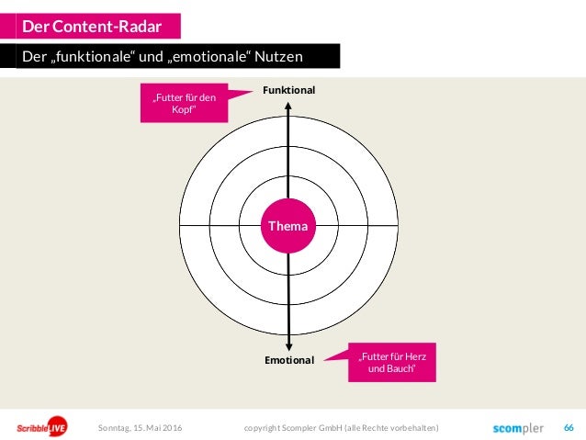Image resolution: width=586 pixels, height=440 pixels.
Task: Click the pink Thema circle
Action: (288, 225)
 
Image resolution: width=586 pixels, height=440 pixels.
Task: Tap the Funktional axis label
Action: (288, 90)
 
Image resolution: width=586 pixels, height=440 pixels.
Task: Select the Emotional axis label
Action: (289, 360)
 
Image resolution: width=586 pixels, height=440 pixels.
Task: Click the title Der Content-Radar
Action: (91, 25)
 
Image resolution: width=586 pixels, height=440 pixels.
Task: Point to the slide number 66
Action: (569, 428)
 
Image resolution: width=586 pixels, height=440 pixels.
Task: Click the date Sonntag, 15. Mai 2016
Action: (139, 428)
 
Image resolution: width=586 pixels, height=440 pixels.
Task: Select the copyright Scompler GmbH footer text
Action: (342, 428)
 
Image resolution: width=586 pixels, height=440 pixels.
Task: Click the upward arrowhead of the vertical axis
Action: (289, 105)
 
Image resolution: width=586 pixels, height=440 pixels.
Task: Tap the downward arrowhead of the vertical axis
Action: (289, 344)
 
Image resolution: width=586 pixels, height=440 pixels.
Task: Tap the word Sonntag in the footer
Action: (115, 428)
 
